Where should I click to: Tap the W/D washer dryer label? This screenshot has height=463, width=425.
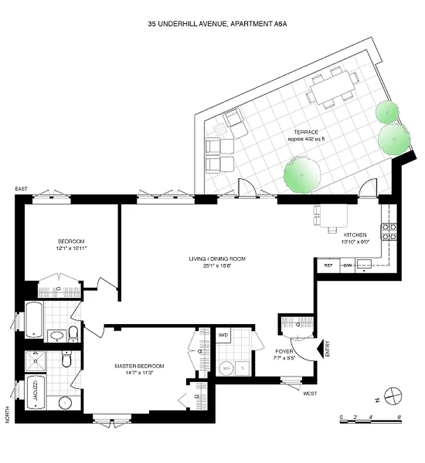coord(223,336)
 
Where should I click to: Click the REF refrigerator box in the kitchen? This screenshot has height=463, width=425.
coord(327,266)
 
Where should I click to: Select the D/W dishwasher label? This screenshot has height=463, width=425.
coord(348,266)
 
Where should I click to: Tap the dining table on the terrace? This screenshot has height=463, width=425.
coord(332,89)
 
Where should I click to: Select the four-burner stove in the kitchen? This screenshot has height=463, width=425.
coord(388,231)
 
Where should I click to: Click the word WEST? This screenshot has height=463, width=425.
coord(309,394)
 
